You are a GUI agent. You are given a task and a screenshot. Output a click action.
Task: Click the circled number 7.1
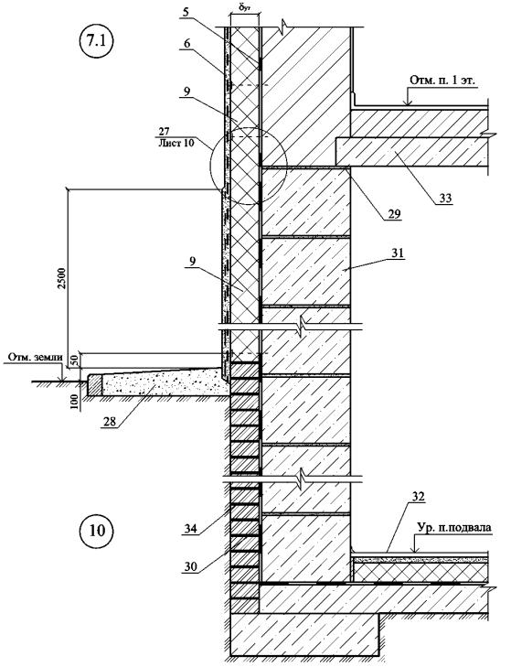[x=94, y=41]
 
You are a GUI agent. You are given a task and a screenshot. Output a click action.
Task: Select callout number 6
[x=187, y=43]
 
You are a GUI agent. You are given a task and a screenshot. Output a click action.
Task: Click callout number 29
[x=394, y=213]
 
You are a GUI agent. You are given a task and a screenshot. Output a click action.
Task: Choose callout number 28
[x=110, y=421]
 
